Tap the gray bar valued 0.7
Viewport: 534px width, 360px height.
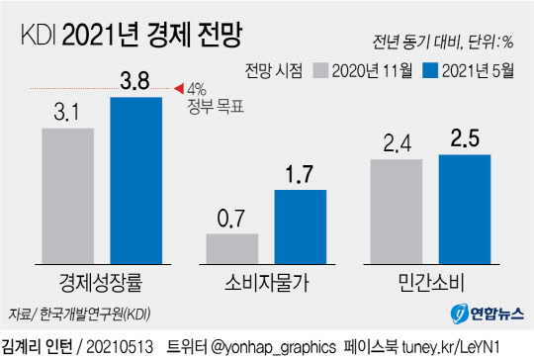231,248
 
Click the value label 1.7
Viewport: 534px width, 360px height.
300,176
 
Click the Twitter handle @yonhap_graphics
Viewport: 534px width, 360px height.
252,347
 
